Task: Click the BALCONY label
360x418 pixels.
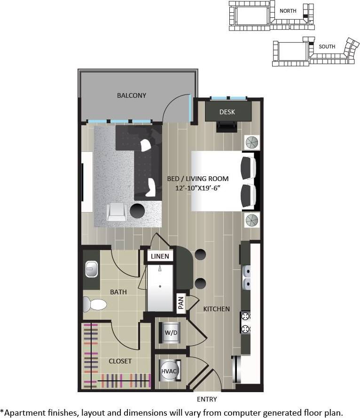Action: coord(132,95)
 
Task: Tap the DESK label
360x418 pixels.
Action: coord(227,112)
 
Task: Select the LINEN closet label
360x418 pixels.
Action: coord(160,256)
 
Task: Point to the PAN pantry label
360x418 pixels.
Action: coord(180,303)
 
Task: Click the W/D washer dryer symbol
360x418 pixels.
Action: coord(170,333)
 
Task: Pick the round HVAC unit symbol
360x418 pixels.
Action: coord(169,371)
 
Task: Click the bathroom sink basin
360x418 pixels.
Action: coord(91,270)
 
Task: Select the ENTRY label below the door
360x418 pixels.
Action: coord(207,400)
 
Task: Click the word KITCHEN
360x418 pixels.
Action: coord(216,309)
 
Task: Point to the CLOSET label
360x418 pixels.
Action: coord(120,361)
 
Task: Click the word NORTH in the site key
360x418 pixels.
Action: coord(288,10)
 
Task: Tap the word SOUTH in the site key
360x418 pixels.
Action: coord(327,47)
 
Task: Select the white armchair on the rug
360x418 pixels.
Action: coord(117,212)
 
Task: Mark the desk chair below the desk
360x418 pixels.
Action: coord(227,126)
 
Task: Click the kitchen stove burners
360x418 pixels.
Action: coord(245,323)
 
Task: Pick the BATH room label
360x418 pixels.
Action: coord(118,292)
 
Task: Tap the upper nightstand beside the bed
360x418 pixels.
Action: coord(251,142)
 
